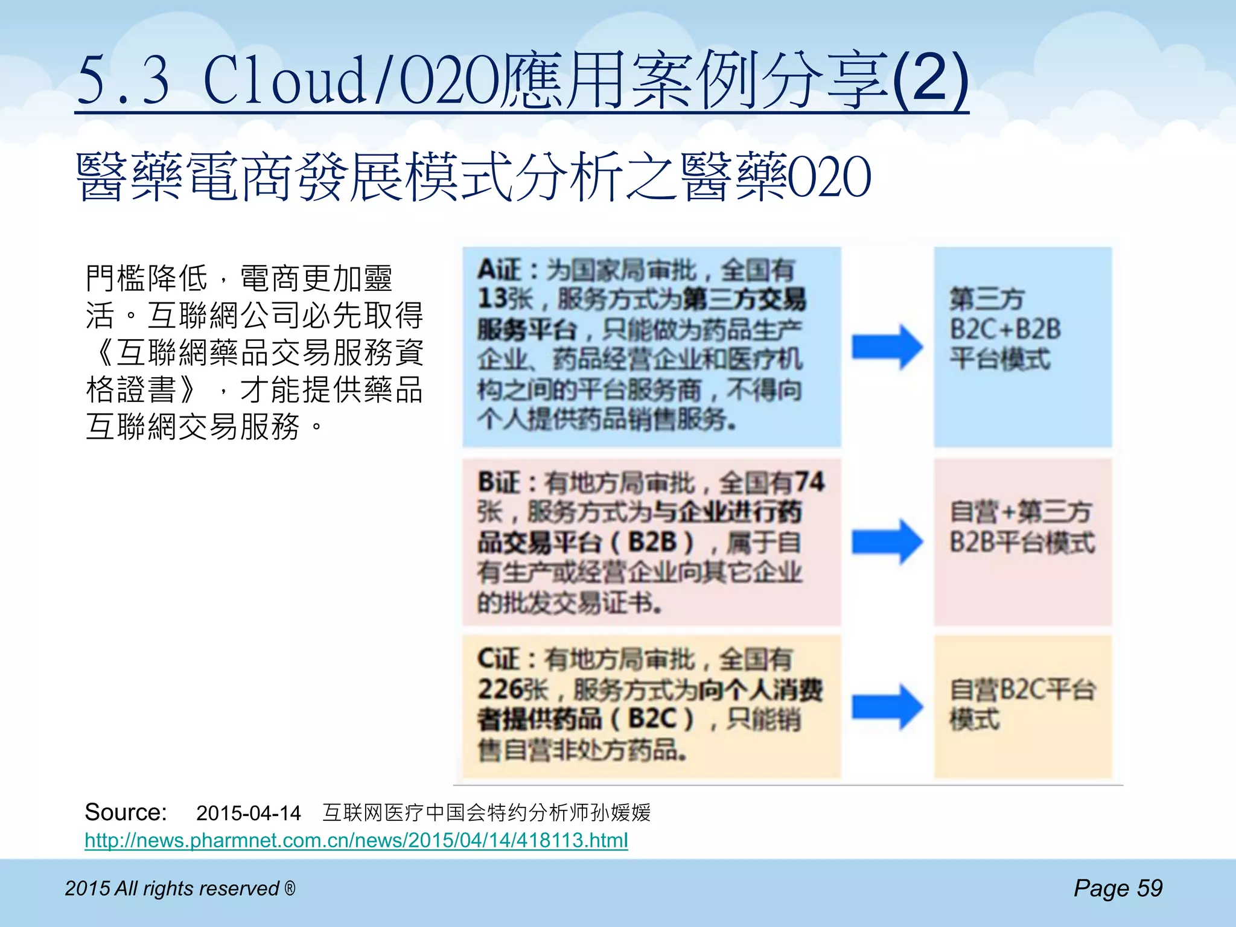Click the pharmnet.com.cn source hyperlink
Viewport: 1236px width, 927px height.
pyautogui.click(x=356, y=840)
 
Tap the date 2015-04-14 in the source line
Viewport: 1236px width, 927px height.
pyautogui.click(x=248, y=814)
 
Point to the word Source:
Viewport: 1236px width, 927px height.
pyautogui.click(x=126, y=812)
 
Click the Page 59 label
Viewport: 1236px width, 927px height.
pyautogui.click(x=1118, y=888)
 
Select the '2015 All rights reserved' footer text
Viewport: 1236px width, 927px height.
pyautogui.click(x=180, y=888)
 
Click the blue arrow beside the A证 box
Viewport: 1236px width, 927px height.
pyautogui.click(x=887, y=347)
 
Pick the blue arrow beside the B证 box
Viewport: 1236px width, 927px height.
pyautogui.click(x=887, y=541)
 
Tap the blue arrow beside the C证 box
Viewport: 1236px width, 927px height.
pyautogui.click(x=887, y=707)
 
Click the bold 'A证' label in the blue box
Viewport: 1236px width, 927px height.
pyautogui.click(x=499, y=270)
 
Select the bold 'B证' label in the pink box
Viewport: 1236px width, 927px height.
pyautogui.click(x=499, y=482)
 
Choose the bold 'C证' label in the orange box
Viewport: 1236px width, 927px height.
pyautogui.click(x=499, y=659)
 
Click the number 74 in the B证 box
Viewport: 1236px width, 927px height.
pyautogui.click(x=809, y=482)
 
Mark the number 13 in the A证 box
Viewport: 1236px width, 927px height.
pyautogui.click(x=491, y=299)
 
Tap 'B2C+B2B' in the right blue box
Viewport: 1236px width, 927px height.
pyautogui.click(x=1005, y=330)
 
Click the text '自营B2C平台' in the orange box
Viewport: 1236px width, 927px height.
pyautogui.click(x=1022, y=690)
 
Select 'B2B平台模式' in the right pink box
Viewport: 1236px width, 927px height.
pyautogui.click(x=1022, y=542)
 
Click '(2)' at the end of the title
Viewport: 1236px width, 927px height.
pyautogui.click(x=929, y=78)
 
